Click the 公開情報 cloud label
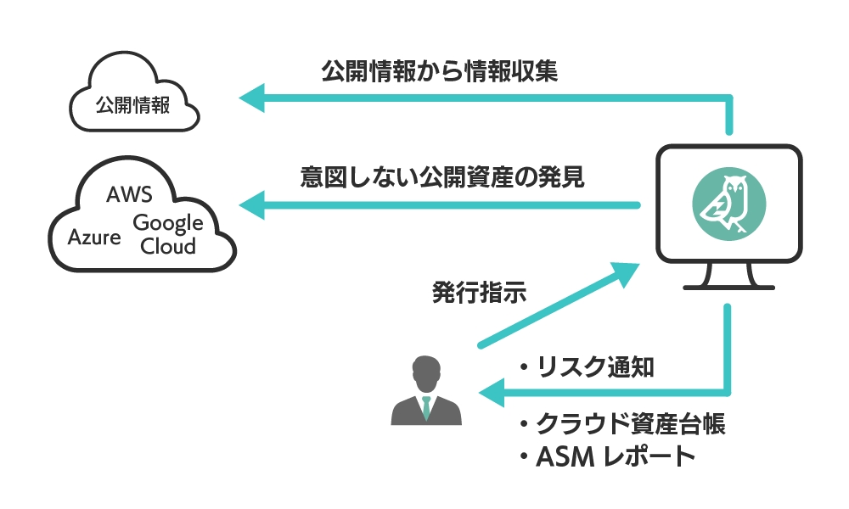(x=132, y=105)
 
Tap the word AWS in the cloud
(x=129, y=195)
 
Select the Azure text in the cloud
(x=94, y=237)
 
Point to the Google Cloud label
(x=168, y=235)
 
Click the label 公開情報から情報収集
(x=440, y=71)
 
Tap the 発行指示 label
(x=480, y=294)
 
